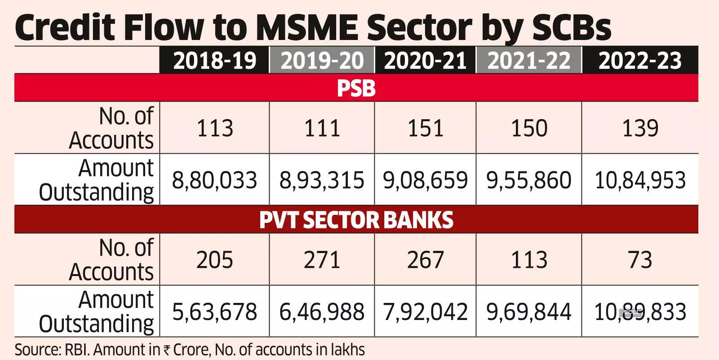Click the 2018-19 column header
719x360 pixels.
pyautogui.click(x=215, y=61)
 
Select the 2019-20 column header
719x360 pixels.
pyautogui.click(x=322, y=61)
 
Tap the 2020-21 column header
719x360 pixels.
pyautogui.click(x=425, y=61)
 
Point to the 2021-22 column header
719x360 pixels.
pyautogui.click(x=529, y=61)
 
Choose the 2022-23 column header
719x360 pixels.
pyautogui.click(x=640, y=61)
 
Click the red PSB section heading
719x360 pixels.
pyautogui.click(x=356, y=88)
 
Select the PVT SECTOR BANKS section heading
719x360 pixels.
pyautogui.click(x=356, y=220)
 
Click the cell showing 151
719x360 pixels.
pyautogui.click(x=425, y=128)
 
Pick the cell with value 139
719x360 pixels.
pyautogui.click(x=640, y=128)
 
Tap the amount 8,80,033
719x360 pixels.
pyautogui.click(x=215, y=180)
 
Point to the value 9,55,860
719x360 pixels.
pyautogui.click(x=529, y=180)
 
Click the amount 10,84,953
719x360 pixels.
pyautogui.click(x=640, y=180)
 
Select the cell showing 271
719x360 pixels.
pyautogui.click(x=322, y=260)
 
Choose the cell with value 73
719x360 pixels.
pyautogui.click(x=640, y=260)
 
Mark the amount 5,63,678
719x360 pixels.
pyautogui.click(x=215, y=312)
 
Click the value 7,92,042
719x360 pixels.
pyautogui.click(x=425, y=312)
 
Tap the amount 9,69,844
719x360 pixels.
pyautogui.click(x=529, y=312)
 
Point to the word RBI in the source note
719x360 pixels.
pyautogui.click(x=76, y=350)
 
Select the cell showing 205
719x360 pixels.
pyautogui.click(x=215, y=260)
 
